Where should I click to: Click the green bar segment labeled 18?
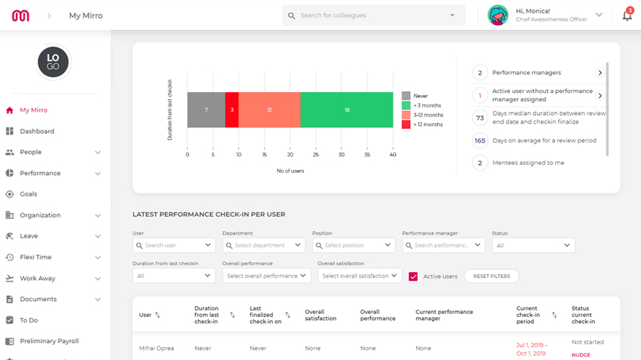346,109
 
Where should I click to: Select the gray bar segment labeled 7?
206,109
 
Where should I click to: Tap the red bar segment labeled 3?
231,109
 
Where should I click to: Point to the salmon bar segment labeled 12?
269,109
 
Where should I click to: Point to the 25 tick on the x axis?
315,154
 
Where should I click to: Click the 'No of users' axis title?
290,171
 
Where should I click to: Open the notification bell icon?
627,15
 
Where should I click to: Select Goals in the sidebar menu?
29,194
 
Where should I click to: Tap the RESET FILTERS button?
491,276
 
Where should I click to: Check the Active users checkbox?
413,276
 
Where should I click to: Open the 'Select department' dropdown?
264,246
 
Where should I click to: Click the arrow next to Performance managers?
599,73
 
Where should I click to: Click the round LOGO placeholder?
53,62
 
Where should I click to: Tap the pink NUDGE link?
581,354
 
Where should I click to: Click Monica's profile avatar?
498,15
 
